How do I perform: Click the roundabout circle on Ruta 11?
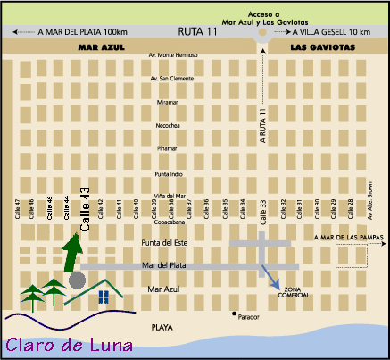point(262,37)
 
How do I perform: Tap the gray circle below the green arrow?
point(77,280)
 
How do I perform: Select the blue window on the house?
point(104,294)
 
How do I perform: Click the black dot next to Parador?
point(235,314)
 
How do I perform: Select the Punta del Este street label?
point(164,243)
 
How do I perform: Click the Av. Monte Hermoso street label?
point(170,56)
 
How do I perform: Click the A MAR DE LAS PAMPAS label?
point(348,237)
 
